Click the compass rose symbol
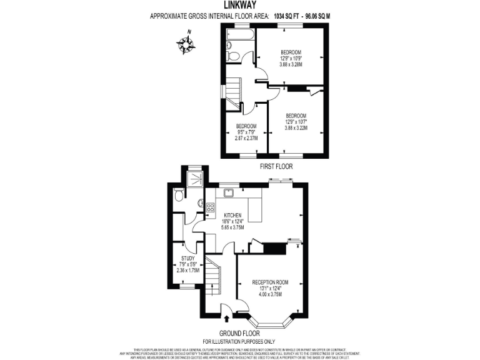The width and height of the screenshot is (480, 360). (x=185, y=43)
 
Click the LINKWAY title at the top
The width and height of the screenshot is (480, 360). (x=239, y=5)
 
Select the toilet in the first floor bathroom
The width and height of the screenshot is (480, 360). (x=232, y=57)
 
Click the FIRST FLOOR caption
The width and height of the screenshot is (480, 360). (x=275, y=167)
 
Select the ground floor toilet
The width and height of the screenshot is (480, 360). (x=179, y=196)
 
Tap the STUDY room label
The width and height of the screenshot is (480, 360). (x=187, y=258)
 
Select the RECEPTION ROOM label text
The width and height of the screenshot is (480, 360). (x=270, y=282)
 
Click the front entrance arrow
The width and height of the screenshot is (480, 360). (x=226, y=319)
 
